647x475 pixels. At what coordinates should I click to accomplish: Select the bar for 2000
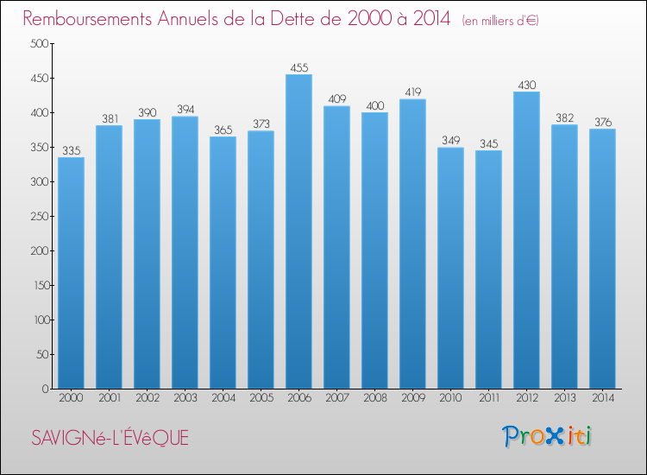coord(71,273)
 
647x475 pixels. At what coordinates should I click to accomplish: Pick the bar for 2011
coord(488,269)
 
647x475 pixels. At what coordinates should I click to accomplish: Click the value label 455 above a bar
coord(298,66)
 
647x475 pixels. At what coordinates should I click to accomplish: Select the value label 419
coord(412,92)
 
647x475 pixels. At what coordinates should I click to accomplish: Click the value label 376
coord(602,122)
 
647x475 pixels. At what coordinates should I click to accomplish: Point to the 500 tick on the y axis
coord(39,43)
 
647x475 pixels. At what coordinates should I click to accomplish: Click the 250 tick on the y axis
coord(39,216)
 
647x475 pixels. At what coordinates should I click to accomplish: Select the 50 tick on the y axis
coord(41,354)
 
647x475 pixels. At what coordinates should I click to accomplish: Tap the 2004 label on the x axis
coord(223,398)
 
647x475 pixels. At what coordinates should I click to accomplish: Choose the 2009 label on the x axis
coord(412,398)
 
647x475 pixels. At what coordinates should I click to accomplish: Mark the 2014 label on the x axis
coord(602,398)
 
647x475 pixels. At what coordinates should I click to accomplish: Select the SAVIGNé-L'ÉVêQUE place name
coord(110,438)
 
